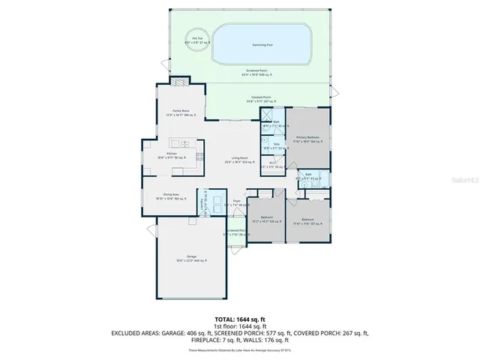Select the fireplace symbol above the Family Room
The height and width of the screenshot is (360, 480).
(180, 83)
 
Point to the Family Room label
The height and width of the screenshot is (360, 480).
(181, 111)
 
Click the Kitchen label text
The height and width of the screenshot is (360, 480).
(171, 154)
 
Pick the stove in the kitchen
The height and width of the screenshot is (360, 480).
(199, 156)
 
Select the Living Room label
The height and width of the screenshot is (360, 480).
(240, 159)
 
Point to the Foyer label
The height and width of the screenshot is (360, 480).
(236, 202)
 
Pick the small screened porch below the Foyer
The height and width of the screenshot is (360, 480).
(235, 233)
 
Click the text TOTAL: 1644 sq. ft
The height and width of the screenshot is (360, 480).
(240, 318)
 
